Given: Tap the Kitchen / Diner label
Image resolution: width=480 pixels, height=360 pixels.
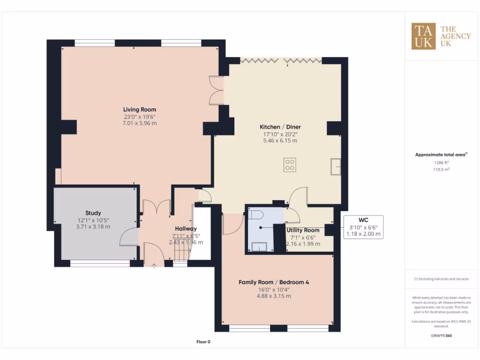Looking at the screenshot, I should [280, 127].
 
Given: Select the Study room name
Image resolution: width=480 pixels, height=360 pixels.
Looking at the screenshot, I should [93, 213].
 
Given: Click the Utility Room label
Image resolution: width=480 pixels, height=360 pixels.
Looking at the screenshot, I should [303, 230].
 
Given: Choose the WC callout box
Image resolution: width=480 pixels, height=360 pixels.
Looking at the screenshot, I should [363, 227].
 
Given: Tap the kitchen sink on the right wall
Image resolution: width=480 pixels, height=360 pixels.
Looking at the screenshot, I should [336, 166].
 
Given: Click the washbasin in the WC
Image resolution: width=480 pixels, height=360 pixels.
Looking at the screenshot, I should [259, 247].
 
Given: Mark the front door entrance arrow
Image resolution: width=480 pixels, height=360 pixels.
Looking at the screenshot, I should [155, 265].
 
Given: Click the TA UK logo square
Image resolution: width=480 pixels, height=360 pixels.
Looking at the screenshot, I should [423, 36].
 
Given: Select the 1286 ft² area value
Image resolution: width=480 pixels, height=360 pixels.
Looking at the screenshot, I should [438, 163].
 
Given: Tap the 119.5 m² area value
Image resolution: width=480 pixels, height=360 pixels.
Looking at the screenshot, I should [438, 170].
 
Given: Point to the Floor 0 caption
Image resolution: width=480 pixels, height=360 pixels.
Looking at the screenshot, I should [203, 342].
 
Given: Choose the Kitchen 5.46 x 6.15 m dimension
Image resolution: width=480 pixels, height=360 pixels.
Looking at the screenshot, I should [280, 141].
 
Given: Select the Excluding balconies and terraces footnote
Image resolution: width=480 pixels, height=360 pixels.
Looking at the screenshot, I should [441, 279].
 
